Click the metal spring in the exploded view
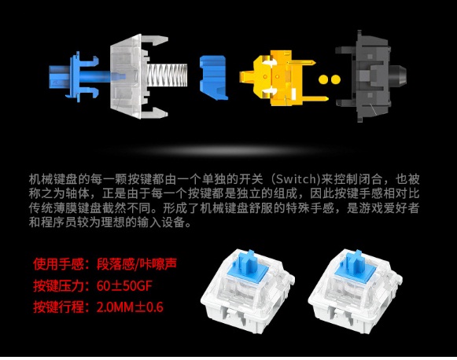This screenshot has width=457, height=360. point(167,75)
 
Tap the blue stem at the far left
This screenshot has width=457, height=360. point(74,77)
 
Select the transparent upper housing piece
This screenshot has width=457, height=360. point(138,76)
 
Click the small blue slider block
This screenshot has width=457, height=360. point(213,78)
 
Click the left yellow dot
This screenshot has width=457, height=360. point(323,79)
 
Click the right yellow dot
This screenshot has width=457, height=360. point(335,79)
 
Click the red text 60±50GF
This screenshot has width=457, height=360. point(124,286)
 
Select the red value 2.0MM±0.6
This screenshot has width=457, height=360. point(130,307)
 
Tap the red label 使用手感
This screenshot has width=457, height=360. point(58,264)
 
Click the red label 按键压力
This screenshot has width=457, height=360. point(58,286)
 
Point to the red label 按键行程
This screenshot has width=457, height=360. point(58,307)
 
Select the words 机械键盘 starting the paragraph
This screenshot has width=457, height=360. point(53,179)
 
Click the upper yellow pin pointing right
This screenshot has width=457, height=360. point(303,63)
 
